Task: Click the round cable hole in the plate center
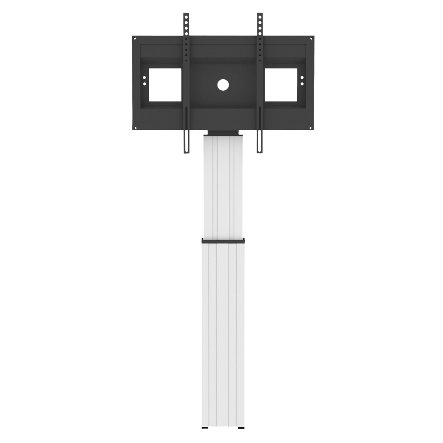[223, 84]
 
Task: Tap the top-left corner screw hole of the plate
[135, 39]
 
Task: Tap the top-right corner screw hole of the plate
[311, 39]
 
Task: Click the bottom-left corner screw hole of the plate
[135, 128]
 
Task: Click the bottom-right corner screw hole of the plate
[311, 128]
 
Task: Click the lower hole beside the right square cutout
[302, 83]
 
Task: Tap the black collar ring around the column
[223, 241]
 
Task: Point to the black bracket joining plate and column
[223, 132]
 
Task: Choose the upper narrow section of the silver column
[223, 186]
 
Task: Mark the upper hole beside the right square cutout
[302, 78]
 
